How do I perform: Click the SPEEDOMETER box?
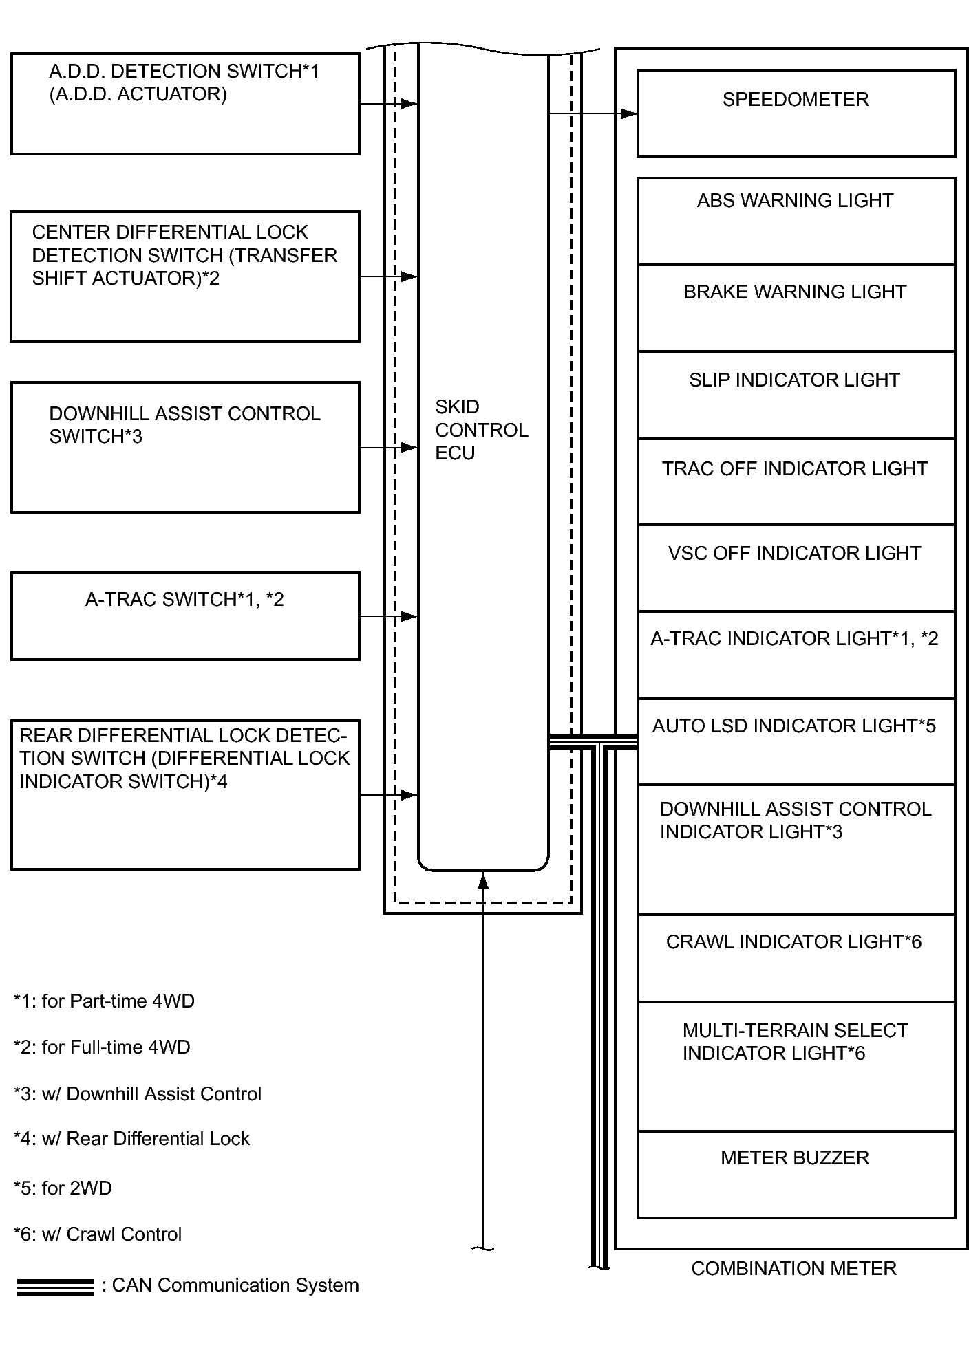[796, 113]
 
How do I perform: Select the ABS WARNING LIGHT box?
[796, 221]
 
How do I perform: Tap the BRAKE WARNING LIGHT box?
[796, 308]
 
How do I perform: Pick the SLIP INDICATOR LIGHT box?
[796, 395]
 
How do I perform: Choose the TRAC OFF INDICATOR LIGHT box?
[796, 482]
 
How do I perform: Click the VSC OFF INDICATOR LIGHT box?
[796, 569]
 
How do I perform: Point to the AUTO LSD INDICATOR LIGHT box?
[796, 742]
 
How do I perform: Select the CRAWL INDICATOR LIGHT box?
[796, 958]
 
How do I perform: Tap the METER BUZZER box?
[796, 1174]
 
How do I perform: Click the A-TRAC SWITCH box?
[185, 616]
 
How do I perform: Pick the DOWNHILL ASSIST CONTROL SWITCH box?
[185, 447]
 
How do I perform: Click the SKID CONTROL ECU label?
[481, 430]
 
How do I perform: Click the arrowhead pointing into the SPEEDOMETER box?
[629, 113]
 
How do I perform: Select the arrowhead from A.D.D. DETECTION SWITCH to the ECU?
[409, 104]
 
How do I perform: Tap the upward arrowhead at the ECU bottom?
[483, 880]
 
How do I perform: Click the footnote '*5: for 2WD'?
[63, 1188]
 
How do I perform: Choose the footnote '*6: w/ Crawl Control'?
[98, 1234]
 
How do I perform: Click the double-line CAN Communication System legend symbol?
[55, 1287]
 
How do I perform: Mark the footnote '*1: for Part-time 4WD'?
[104, 1001]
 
